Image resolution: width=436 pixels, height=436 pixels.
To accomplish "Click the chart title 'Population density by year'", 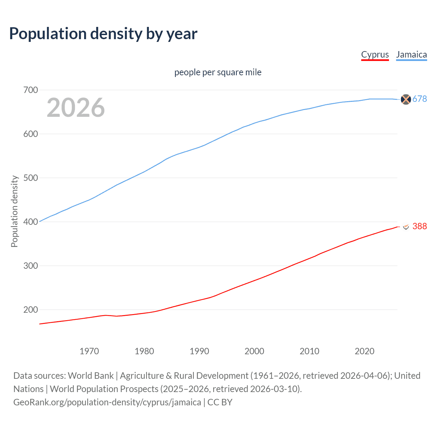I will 103,34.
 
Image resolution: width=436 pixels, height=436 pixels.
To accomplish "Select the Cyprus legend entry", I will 375,55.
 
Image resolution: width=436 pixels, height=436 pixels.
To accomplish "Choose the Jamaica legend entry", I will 411,55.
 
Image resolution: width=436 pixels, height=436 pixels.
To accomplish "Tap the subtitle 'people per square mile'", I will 218,73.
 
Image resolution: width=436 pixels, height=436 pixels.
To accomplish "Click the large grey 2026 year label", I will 76,108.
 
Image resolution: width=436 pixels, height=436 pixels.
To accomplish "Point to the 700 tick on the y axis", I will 30,90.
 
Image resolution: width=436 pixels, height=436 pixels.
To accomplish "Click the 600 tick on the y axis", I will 30,134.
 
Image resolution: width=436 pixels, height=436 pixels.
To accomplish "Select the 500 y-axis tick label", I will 30,178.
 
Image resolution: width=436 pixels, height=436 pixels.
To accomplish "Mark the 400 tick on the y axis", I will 30,222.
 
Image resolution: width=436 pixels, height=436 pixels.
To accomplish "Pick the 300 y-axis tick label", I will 30,266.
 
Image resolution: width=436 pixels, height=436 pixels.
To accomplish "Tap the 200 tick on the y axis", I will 30,310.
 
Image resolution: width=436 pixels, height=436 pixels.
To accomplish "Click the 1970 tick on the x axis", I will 89,351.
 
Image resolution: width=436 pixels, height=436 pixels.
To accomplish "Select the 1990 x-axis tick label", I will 199,351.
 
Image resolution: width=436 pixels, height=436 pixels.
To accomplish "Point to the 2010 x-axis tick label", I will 309,351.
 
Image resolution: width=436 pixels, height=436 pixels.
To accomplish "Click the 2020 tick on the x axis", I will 364,351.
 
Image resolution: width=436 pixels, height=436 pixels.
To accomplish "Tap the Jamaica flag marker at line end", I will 406,99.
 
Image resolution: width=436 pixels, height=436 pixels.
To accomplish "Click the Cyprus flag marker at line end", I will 406,227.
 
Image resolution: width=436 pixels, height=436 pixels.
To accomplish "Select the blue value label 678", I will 420,99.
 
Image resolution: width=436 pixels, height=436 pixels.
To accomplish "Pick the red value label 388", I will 420,227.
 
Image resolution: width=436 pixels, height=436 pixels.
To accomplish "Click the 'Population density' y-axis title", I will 14,211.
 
